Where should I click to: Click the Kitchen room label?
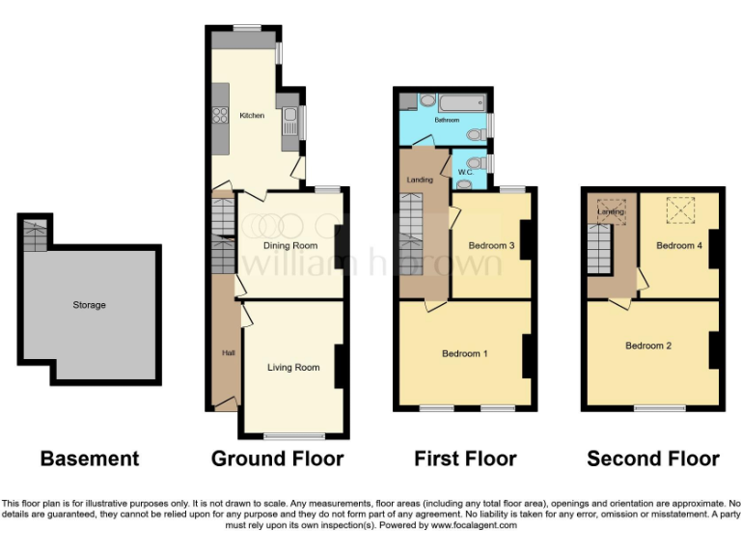(252, 116)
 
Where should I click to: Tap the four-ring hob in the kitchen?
(218, 117)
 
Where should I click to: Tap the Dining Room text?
(290, 245)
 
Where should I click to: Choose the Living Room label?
(293, 367)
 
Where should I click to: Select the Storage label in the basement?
(89, 305)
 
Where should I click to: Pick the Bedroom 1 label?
(464, 353)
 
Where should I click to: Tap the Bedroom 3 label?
(491, 246)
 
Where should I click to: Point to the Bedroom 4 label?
(679, 246)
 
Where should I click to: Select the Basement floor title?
(90, 459)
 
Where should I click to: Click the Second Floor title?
(653, 459)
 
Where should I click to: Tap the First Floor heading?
(465, 459)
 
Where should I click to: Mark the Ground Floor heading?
(277, 459)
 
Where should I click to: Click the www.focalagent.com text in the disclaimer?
(472, 526)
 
